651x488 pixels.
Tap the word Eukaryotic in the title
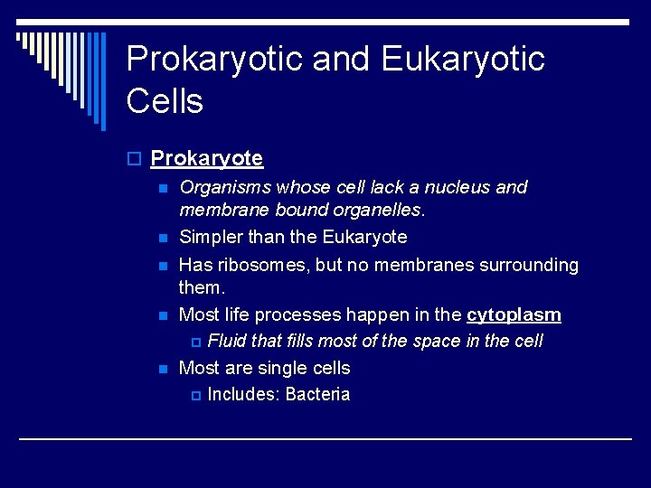(463, 60)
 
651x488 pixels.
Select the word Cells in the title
(165, 101)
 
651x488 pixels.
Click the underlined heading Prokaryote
(206, 159)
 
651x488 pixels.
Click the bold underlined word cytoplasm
(514, 315)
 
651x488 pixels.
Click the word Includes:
(243, 395)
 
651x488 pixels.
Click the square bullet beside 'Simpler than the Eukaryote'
(162, 239)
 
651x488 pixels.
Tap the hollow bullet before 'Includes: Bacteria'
(198, 396)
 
